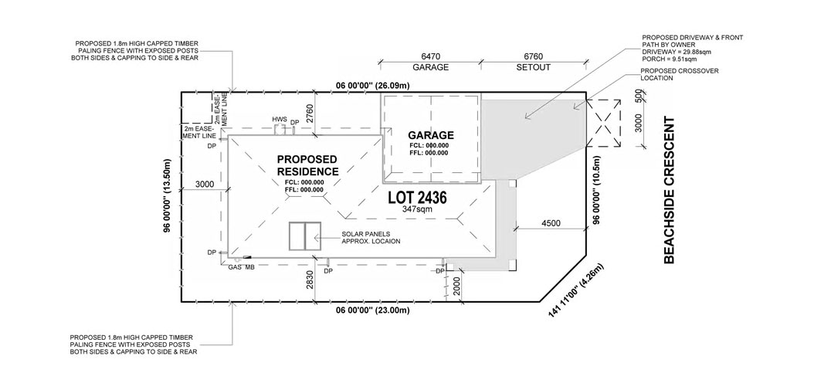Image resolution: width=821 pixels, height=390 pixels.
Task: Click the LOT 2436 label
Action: click(417, 198)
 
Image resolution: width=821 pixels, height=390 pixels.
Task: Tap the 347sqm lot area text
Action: click(417, 209)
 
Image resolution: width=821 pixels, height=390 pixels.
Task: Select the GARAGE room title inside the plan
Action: click(431, 135)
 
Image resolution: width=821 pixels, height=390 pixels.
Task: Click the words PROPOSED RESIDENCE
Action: click(307, 165)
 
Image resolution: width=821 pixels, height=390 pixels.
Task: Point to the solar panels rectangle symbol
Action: click(304, 237)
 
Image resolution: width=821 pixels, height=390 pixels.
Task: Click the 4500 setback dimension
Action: click(551, 223)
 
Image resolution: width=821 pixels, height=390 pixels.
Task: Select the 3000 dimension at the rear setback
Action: click(205, 185)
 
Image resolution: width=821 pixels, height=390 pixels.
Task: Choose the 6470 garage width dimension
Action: click(431, 56)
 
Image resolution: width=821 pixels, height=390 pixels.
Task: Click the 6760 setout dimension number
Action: click(533, 56)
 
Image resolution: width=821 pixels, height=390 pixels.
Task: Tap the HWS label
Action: click(280, 120)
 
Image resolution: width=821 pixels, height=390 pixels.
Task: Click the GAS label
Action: click(235, 267)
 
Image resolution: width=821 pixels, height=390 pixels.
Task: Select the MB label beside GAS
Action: click(249, 267)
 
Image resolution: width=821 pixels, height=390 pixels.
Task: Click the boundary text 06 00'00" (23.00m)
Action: click(372, 310)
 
